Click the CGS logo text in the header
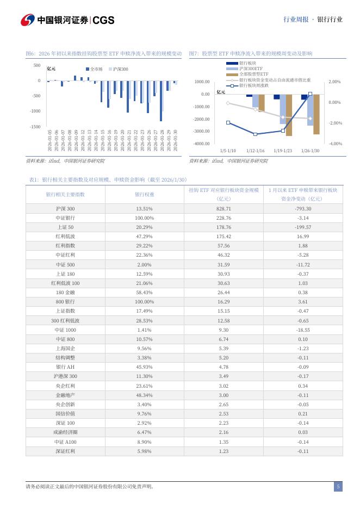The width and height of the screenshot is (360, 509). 103,20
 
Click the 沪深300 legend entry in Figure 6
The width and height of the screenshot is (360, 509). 119,69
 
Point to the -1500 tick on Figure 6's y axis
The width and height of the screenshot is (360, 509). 34,127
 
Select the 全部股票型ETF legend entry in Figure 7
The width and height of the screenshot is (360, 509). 253,73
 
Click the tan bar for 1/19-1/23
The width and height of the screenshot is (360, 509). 289,115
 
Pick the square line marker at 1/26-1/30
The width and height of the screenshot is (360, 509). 310,94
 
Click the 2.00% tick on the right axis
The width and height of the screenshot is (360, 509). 334,82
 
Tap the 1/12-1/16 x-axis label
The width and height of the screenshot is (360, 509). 255,151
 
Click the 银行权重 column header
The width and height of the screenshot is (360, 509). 144,194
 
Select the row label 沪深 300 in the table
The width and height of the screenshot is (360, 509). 65,209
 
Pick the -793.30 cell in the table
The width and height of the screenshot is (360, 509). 303,209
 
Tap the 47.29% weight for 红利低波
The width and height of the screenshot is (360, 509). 144,237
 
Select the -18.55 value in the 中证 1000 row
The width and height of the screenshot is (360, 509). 303,330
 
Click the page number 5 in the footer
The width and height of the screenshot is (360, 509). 338,487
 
